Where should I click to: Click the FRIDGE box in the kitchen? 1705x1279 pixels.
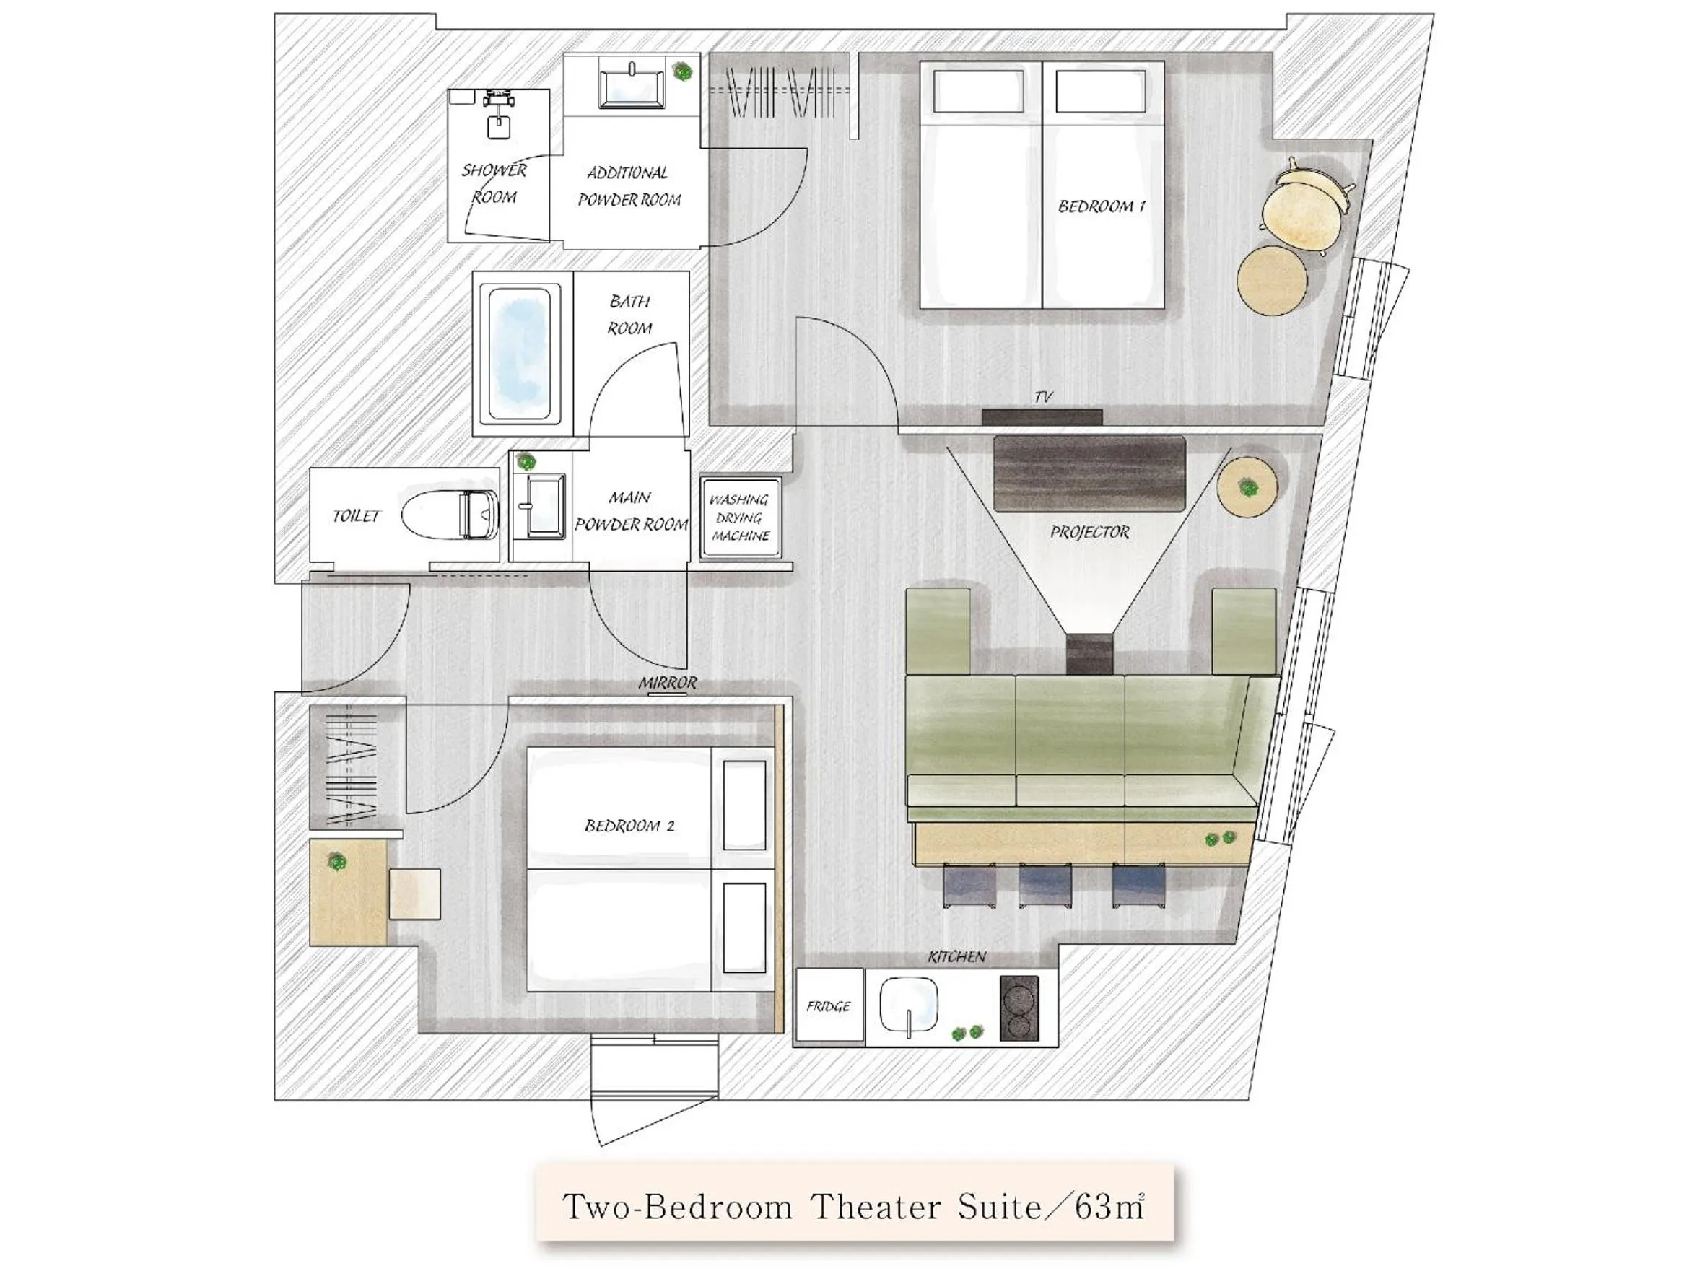pos(829,1006)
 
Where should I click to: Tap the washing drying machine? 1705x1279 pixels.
pos(740,518)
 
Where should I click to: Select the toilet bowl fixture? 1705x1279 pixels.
pos(451,515)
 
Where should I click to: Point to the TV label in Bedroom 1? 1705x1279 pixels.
pos(1042,397)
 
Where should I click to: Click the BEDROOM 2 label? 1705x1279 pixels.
pos(629,826)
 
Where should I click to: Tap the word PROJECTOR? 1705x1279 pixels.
pos(1089,532)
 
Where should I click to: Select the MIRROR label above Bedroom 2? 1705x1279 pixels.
pos(667,683)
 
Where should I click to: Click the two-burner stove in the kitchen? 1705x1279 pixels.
pos(1019,1008)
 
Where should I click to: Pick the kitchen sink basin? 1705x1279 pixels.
pos(910,1004)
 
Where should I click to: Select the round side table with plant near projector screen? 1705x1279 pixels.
pos(1247,487)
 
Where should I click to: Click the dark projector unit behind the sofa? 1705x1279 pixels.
pos(1089,652)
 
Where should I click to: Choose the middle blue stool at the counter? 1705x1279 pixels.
pos(1045,884)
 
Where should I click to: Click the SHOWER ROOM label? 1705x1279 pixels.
pos(494,183)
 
